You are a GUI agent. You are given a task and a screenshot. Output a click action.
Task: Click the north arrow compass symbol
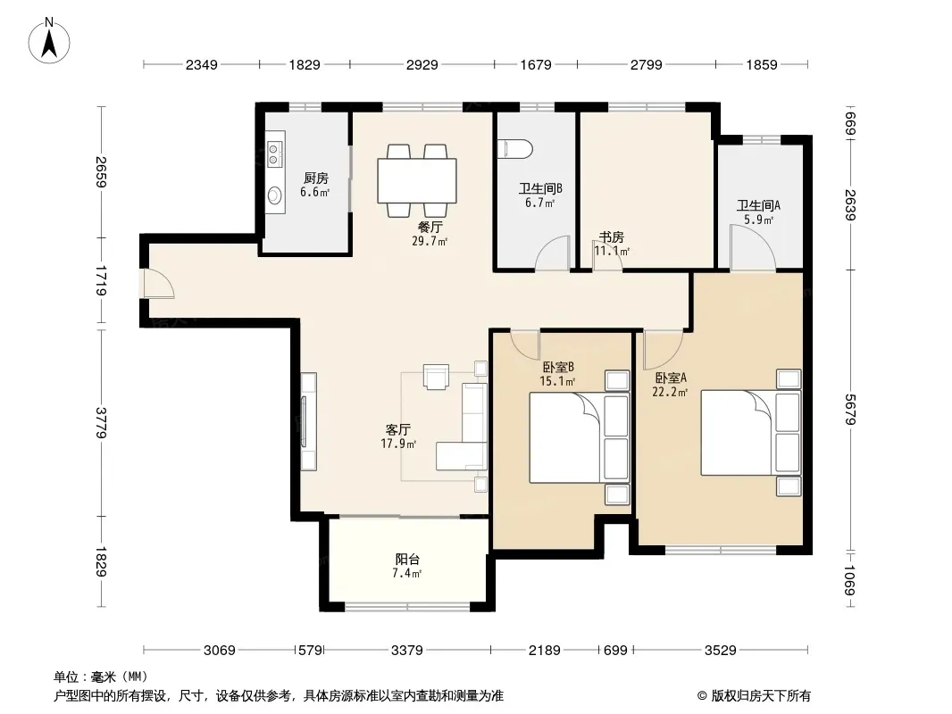49,40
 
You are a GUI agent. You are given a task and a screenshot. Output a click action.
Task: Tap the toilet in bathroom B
515,149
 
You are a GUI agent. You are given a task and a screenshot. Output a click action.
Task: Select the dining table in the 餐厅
417,181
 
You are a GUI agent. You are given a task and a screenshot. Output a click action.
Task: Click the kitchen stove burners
274,154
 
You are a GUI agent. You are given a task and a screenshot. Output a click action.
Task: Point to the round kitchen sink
275,195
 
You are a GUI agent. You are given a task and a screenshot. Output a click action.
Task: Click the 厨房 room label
316,178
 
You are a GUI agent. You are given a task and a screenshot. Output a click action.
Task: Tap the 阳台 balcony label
406,560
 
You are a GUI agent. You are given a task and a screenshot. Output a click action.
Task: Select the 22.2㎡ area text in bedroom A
670,393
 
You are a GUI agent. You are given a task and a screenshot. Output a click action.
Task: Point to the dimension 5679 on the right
850,409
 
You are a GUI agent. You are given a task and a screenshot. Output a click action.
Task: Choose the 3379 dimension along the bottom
406,651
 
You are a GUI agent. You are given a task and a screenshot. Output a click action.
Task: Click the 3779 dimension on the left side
101,422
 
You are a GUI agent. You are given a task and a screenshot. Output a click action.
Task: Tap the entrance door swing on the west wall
159,283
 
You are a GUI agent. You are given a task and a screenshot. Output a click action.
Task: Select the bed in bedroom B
580,437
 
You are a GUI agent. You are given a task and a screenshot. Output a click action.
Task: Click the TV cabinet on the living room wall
308,421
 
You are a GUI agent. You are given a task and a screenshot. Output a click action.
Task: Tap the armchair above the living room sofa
436,377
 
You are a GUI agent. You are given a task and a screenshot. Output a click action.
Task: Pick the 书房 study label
612,237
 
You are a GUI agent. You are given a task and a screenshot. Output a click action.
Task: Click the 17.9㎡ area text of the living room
398,444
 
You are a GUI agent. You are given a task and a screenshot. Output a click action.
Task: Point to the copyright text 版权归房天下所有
761,696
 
